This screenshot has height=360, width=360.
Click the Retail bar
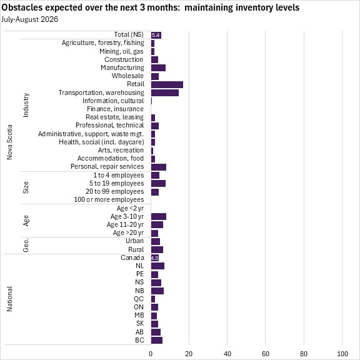[x=167, y=84]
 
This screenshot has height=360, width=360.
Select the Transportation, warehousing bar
[x=165, y=92]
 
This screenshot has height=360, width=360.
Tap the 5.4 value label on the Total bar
[x=156, y=35]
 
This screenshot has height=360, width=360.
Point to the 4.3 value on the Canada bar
[x=155, y=258]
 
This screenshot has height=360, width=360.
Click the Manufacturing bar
[x=158, y=68]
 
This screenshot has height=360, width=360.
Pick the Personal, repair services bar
[x=159, y=167]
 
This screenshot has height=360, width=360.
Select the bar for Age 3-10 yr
[x=159, y=216]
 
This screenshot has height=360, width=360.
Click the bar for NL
[x=157, y=266]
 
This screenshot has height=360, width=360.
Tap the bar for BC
[x=157, y=340]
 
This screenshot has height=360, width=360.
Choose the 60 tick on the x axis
[x=266, y=354]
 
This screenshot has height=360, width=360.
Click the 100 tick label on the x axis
[x=342, y=354]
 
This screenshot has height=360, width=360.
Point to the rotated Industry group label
[x=26, y=105]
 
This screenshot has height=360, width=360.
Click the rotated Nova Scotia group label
[x=9, y=142]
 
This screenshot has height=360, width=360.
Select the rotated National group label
[x=9, y=299]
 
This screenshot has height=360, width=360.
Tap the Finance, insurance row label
[x=115, y=109]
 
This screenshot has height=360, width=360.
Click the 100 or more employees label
[x=109, y=199]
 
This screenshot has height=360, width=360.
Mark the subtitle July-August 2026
[x=29, y=19]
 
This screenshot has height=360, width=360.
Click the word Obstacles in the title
[x=22, y=7]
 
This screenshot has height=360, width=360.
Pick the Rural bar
[x=157, y=249]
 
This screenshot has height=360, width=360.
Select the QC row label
[x=139, y=299]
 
